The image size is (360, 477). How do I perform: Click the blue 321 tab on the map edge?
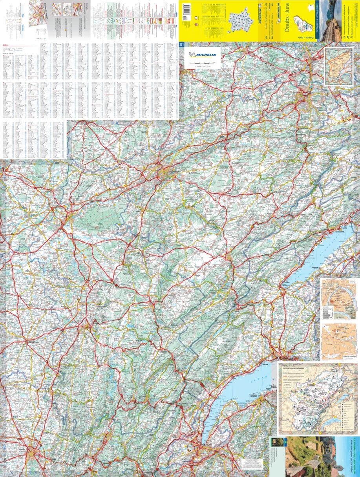181,44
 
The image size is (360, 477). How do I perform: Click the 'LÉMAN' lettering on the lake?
266,380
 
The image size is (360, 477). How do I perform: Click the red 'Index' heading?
5,44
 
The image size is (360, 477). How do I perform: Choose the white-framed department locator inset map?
339,66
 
